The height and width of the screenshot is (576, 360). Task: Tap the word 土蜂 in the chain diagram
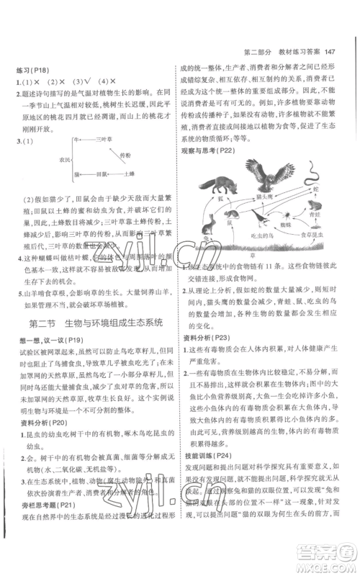[x=129, y=174]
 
